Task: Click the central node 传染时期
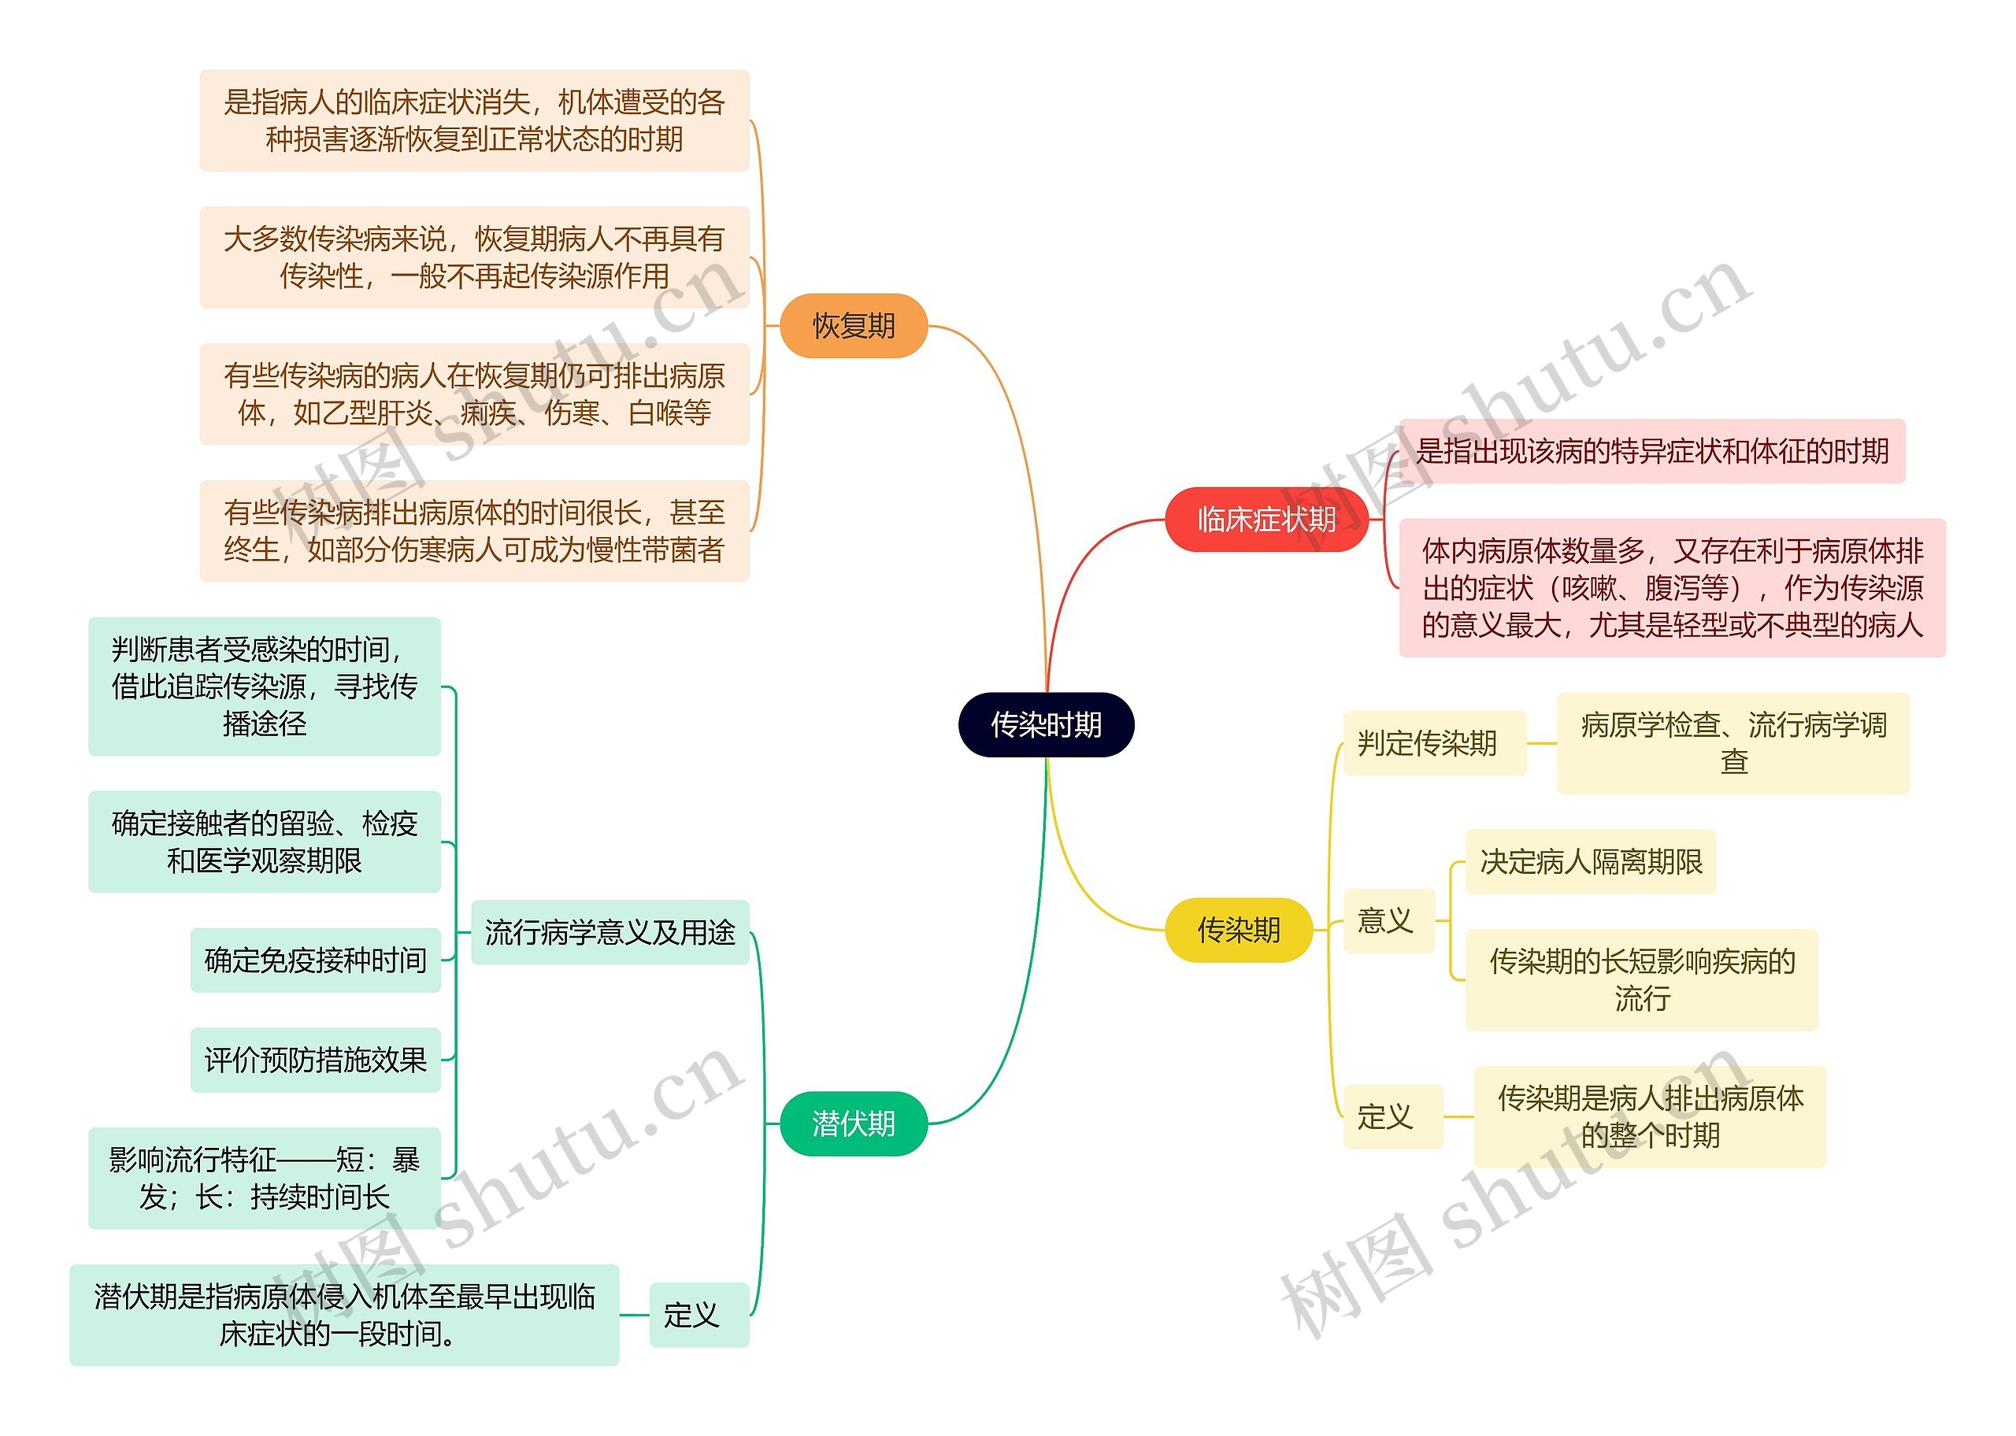click(x=1045, y=724)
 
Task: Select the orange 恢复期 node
click(x=854, y=325)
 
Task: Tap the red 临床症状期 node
click(x=1266, y=519)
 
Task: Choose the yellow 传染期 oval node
click(x=1238, y=929)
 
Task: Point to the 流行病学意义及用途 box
click(x=610, y=932)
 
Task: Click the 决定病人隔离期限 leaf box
click(x=1590, y=861)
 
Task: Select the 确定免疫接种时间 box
click(x=316, y=960)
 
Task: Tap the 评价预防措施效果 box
click(x=316, y=1060)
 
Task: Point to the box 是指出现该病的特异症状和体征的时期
click(x=1651, y=451)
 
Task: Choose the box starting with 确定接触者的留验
click(x=265, y=841)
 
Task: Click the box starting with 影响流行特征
click(x=265, y=1177)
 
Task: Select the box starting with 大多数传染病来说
click(x=474, y=257)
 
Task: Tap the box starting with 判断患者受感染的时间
click(x=265, y=687)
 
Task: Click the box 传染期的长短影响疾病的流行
click(x=1641, y=979)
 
